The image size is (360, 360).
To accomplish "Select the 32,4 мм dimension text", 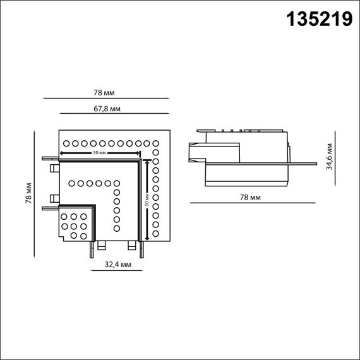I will (x=118, y=265).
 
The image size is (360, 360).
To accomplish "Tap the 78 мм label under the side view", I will (x=251, y=198).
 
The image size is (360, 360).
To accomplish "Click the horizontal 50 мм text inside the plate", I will (x=99, y=153).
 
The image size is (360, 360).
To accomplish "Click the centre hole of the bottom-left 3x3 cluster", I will (x=74, y=225).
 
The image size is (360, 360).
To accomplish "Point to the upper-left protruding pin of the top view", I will (x=49, y=158).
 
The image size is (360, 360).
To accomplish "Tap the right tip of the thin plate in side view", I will (x=315, y=164).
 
